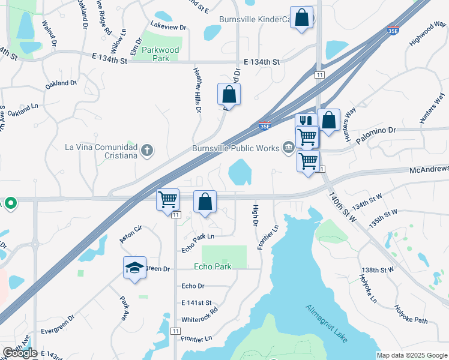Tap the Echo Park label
(x=212, y=266)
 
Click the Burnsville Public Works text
(x=235, y=148)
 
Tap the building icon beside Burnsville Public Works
(x=289, y=148)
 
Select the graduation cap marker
(x=134, y=268)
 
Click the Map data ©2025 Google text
(x=412, y=355)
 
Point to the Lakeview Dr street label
(x=169, y=26)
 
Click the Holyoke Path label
(x=411, y=315)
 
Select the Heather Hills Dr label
(x=196, y=90)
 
